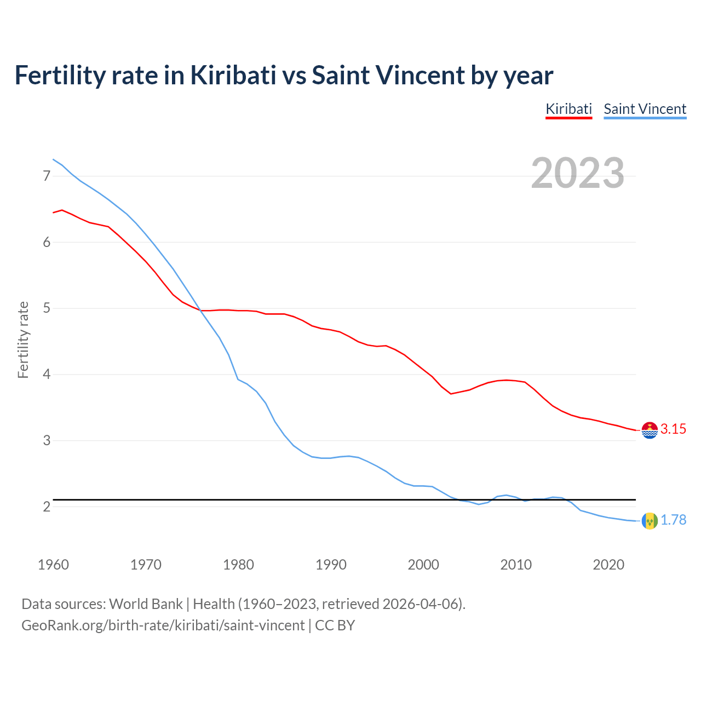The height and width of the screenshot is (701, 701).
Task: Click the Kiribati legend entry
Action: coord(568,109)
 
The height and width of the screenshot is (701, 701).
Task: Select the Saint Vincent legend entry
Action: coord(645,109)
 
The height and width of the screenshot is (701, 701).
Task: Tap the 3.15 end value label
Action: coord(673,429)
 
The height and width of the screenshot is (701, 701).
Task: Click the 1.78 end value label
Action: coord(673,520)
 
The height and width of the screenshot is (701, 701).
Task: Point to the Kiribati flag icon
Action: coord(650,430)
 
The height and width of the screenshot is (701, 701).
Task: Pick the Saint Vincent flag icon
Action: coord(650,521)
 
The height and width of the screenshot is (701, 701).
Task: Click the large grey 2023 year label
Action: coord(577,173)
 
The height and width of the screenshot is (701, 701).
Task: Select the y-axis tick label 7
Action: coord(47,176)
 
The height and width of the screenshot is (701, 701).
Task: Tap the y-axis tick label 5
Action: coord(47,308)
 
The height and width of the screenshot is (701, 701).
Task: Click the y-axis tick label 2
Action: coord(47,507)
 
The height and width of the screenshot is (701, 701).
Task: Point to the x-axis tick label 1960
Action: coord(53,565)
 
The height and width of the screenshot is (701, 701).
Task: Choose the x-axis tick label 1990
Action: coord(331,565)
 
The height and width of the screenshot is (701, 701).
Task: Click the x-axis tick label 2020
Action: coord(608,565)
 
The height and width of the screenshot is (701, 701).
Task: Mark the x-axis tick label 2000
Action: coord(423,565)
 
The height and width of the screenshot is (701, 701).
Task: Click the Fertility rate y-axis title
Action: coord(23,340)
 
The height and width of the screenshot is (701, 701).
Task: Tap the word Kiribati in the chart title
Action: coord(233,75)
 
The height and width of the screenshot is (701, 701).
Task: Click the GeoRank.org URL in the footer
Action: coord(163,625)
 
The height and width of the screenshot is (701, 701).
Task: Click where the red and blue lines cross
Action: coord(199,310)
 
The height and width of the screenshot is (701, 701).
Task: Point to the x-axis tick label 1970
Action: coord(146,565)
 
